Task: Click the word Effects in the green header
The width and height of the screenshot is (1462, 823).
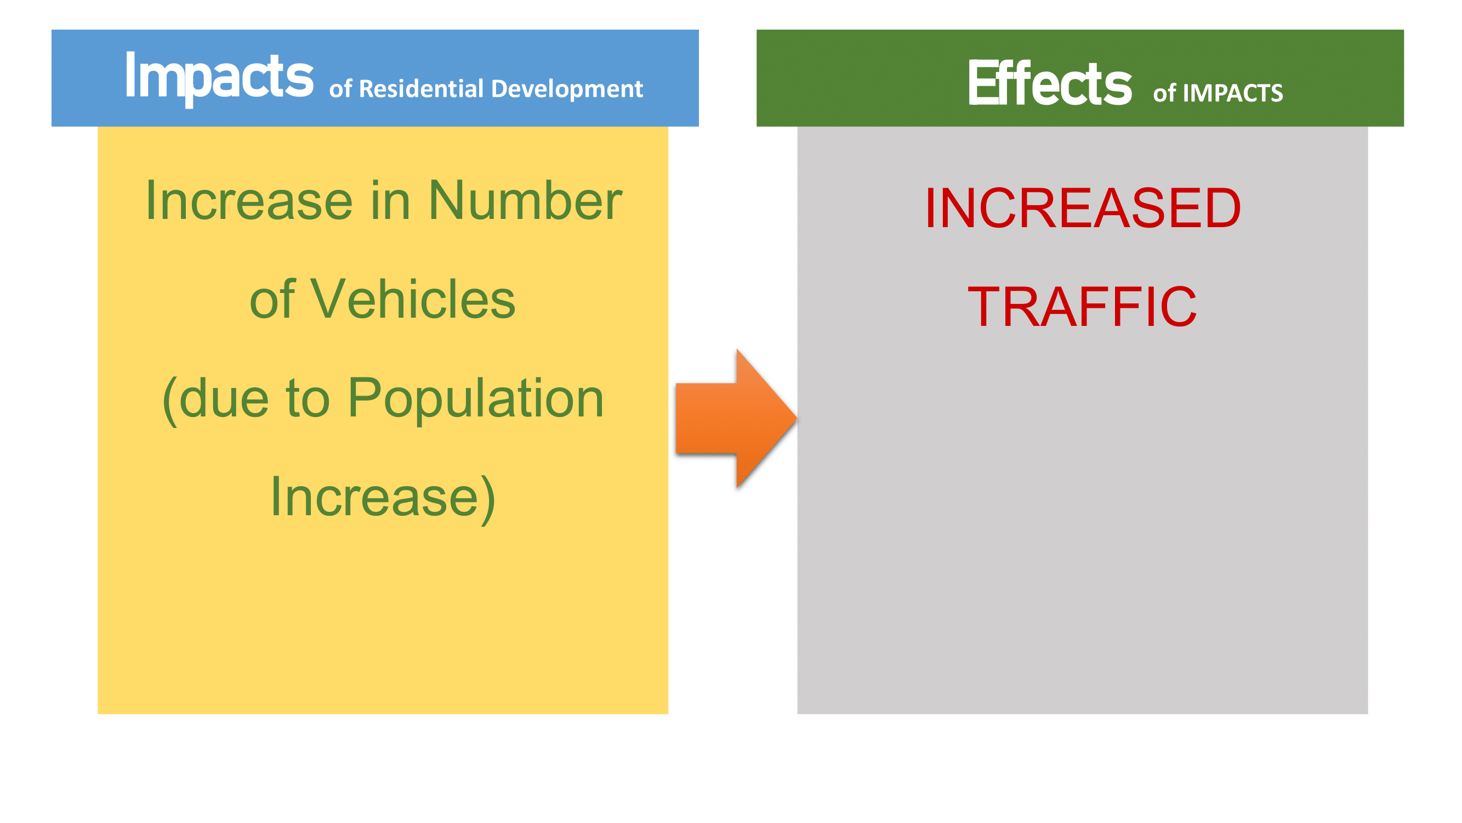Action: pos(1050,83)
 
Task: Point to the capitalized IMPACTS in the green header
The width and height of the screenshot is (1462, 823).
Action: pos(1233,93)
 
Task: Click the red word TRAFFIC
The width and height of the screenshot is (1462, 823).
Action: pos(1082,307)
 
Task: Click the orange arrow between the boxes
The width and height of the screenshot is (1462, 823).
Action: pos(736,418)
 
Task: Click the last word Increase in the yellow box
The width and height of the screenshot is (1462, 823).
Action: pos(374,497)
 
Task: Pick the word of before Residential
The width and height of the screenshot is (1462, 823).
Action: pos(340,89)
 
